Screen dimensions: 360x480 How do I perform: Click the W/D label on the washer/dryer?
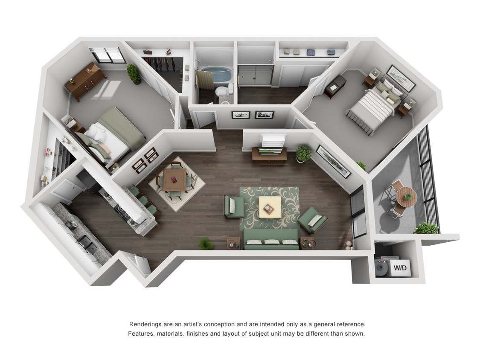(400, 268)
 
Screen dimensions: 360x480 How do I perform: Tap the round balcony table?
(406, 197)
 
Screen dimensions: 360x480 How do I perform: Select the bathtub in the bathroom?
(215, 75)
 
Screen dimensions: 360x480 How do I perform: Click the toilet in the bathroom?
(222, 91)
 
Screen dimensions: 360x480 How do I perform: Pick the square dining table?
(174, 179)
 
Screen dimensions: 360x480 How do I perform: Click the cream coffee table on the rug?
(270, 207)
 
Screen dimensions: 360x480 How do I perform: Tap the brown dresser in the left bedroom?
(86, 81)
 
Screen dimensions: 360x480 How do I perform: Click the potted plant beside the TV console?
(303, 153)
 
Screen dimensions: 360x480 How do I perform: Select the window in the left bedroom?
(107, 55)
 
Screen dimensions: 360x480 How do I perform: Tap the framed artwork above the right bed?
(401, 78)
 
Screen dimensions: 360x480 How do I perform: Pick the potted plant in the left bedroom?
(134, 73)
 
